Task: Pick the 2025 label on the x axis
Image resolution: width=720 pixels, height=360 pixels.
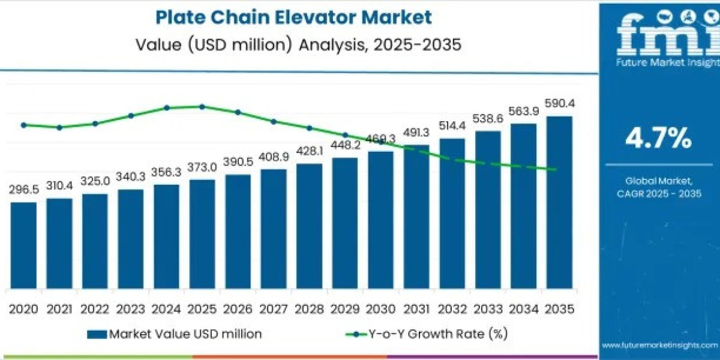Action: point(202,309)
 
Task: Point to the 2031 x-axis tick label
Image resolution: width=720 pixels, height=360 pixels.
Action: point(416,309)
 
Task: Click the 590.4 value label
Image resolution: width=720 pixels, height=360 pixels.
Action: point(560,104)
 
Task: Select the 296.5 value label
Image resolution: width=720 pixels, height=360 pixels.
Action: point(24,190)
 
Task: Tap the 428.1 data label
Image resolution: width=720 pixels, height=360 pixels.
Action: point(310,151)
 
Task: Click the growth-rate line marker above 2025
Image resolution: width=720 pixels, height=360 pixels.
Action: point(202,107)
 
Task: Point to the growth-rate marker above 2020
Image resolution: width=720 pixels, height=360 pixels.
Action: point(24,125)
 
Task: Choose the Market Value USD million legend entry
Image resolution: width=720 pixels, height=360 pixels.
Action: point(174,334)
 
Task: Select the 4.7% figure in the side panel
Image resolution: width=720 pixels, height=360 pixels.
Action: point(658,139)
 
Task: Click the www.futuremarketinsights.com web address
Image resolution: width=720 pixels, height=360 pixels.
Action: point(660,345)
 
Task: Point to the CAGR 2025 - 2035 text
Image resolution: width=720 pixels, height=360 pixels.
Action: point(658,193)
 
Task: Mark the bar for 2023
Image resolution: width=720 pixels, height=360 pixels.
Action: point(131,239)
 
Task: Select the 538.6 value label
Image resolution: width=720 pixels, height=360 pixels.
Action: point(488,119)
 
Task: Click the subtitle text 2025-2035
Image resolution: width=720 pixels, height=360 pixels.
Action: point(420,46)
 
